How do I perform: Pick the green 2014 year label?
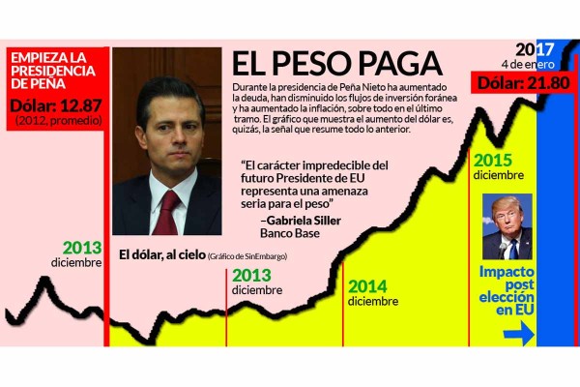coord(368,286)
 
